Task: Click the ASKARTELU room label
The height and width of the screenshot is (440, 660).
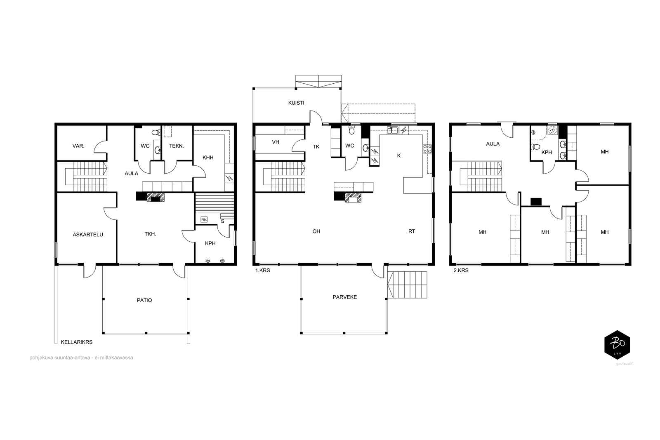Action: coord(88,235)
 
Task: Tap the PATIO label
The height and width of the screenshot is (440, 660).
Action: coord(144,300)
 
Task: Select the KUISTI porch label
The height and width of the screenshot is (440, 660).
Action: coord(296,103)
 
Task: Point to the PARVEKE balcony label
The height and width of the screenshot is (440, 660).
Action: coord(345,297)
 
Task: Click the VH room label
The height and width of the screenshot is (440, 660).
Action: coord(276,142)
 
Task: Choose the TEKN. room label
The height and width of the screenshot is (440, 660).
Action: coord(177,146)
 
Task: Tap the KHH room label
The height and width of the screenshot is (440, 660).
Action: coord(208,158)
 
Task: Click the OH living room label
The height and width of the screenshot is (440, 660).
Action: coord(316,231)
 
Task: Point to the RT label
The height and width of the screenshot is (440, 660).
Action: coord(412,231)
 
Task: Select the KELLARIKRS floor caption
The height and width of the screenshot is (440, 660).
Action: coord(77,342)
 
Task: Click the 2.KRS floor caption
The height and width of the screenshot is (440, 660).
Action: coord(461,271)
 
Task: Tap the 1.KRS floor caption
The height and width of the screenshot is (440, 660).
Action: coord(262,271)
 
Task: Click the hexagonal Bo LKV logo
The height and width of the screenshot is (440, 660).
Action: coord(617,345)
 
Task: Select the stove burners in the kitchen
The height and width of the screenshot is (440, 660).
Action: coord(427,149)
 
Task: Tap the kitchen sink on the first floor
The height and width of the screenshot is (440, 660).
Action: coord(393,130)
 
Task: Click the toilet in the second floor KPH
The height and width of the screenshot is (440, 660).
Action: coord(535,147)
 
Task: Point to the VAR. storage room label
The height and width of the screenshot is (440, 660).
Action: coord(78,146)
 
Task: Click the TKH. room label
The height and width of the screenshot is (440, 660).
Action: coord(150,234)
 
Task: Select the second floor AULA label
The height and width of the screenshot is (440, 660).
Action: coord(493,144)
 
